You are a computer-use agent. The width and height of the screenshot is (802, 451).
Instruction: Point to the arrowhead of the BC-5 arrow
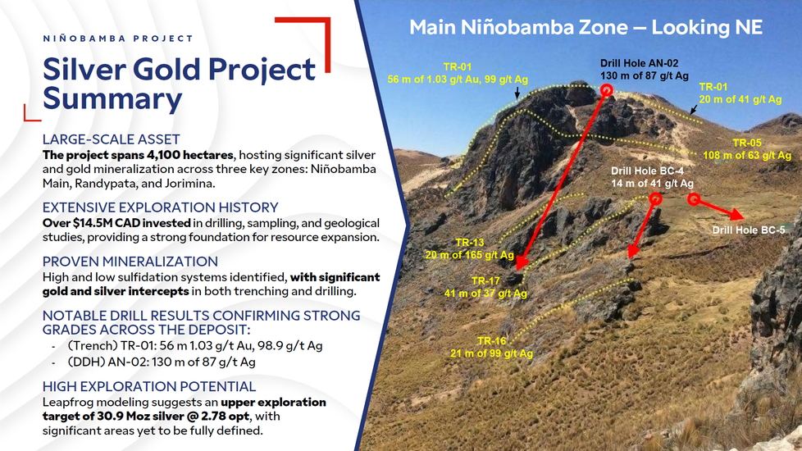click(736, 214)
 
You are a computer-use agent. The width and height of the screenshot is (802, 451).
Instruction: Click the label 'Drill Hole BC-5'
click(749, 230)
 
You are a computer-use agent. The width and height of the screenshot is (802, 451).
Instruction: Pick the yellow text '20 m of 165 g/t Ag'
click(470, 255)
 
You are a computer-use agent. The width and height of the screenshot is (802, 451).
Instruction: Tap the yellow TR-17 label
click(485, 280)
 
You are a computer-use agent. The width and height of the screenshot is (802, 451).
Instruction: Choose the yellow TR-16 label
click(491, 340)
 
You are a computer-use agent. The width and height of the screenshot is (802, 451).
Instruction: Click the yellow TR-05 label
click(747, 143)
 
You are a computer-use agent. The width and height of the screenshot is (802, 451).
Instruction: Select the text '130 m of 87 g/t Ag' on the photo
click(645, 75)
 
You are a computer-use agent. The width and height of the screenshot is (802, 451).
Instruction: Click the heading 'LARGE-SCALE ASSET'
click(111, 139)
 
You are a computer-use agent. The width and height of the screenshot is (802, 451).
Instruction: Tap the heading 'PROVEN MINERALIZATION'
click(130, 262)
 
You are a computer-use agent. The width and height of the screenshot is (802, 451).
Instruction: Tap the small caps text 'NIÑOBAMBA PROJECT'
click(117, 39)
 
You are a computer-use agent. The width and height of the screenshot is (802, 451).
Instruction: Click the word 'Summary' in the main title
click(112, 98)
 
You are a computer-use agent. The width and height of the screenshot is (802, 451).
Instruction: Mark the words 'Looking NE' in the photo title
click(707, 27)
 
